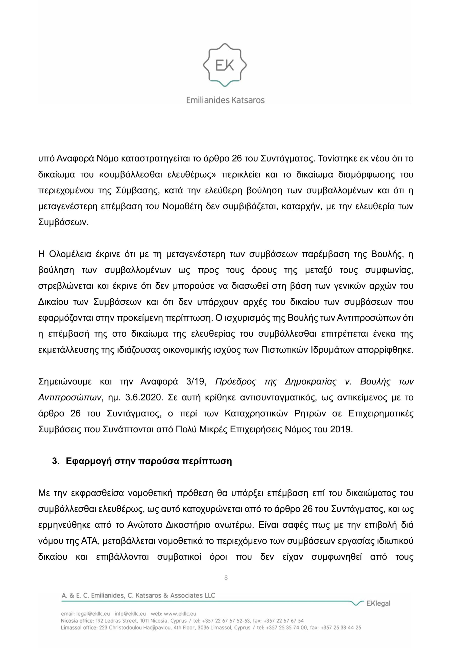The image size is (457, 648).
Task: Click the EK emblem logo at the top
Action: (225, 65)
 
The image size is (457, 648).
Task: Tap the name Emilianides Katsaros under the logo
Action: (225, 100)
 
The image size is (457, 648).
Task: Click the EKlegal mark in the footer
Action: (377, 604)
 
